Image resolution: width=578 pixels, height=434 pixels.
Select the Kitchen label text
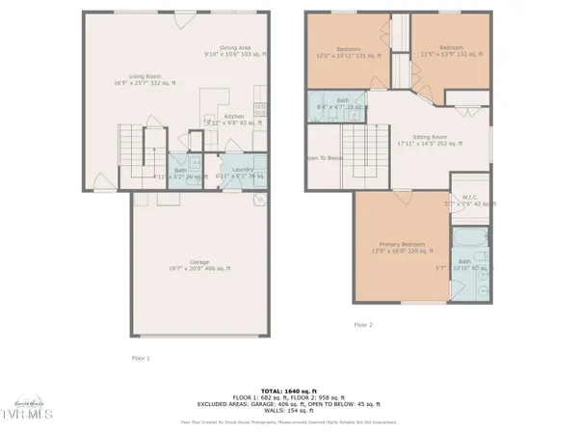pyautogui.click(x=234, y=118)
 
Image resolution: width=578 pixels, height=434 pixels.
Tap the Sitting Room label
pyautogui.click(x=430, y=140)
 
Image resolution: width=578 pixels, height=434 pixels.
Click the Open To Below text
pyautogui.click(x=325, y=158)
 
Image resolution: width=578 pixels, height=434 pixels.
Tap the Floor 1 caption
pyautogui.click(x=141, y=358)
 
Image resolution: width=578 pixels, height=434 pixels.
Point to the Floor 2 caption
pyautogui.click(x=363, y=325)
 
